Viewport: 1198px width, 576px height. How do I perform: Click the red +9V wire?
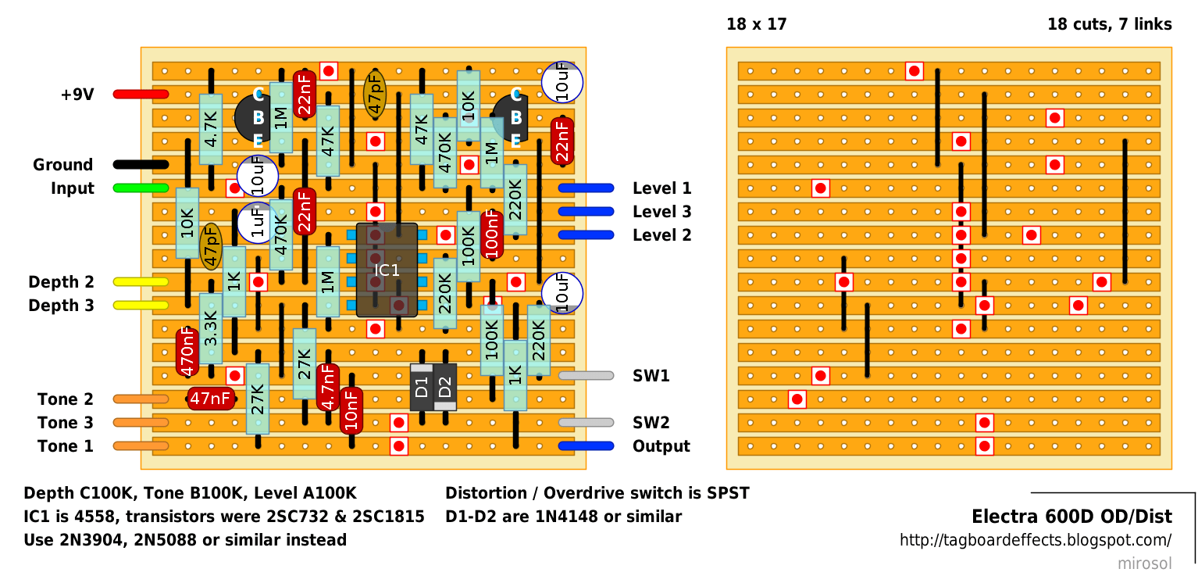pyautogui.click(x=141, y=95)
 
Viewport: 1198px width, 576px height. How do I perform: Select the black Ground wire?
pyautogui.click(x=141, y=165)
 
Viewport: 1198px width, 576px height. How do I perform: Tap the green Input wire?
pyautogui.click(x=141, y=188)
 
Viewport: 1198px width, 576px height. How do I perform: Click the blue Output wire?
pyautogui.click(x=586, y=446)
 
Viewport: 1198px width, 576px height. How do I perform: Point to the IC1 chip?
pyautogui.click(x=387, y=270)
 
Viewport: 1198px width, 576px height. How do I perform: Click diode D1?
pyautogui.click(x=422, y=387)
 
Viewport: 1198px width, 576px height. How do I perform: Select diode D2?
pyautogui.click(x=445, y=387)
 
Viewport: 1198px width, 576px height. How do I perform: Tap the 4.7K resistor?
pyautogui.click(x=211, y=129)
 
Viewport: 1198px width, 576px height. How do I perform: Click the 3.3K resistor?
pyautogui.click(x=211, y=329)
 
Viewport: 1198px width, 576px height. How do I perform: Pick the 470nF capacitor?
pyautogui.click(x=187, y=352)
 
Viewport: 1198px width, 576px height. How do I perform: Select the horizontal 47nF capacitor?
pyautogui.click(x=211, y=399)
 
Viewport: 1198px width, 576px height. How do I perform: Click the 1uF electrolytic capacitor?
pyautogui.click(x=257, y=223)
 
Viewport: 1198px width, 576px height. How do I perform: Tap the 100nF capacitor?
pyautogui.click(x=491, y=234)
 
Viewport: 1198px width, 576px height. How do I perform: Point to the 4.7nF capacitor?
pyautogui.click(x=328, y=387)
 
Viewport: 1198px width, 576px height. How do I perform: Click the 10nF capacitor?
pyautogui.click(x=351, y=410)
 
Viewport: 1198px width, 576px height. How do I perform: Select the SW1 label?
pyautogui.click(x=651, y=376)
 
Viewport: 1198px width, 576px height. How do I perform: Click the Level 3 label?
pyautogui.click(x=662, y=212)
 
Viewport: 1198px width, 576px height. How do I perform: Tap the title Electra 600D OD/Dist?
pyautogui.click(x=1071, y=517)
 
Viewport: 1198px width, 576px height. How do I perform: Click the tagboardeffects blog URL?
pyautogui.click(x=1036, y=540)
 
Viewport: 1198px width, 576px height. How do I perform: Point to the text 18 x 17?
pyautogui.click(x=757, y=24)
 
